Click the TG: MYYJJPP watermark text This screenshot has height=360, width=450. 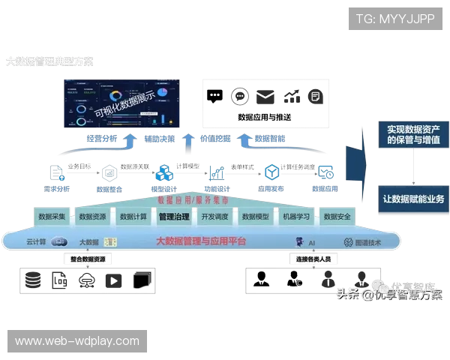coord(396,18)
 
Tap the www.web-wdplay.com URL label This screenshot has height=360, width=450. coord(77,341)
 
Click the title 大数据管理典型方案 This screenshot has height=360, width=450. coord(50,61)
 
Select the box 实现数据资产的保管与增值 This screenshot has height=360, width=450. coord(413,135)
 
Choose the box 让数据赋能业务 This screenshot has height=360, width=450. coord(413,199)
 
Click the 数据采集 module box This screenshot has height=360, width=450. coord(52,217)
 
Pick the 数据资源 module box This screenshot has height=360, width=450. coord(92,217)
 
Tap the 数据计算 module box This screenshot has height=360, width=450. coord(133,217)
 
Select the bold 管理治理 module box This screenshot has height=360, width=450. coord(174,217)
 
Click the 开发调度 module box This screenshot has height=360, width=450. coord(214,217)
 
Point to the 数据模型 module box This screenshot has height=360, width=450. coord(256,217)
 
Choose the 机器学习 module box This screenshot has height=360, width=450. coord(296,217)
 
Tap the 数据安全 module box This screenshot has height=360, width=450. coord(337,217)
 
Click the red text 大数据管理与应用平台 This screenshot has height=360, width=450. coord(200,241)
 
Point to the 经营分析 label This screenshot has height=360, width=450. coord(101,139)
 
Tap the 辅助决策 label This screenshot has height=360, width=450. coord(159,139)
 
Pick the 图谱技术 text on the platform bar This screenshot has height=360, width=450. coord(368,242)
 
